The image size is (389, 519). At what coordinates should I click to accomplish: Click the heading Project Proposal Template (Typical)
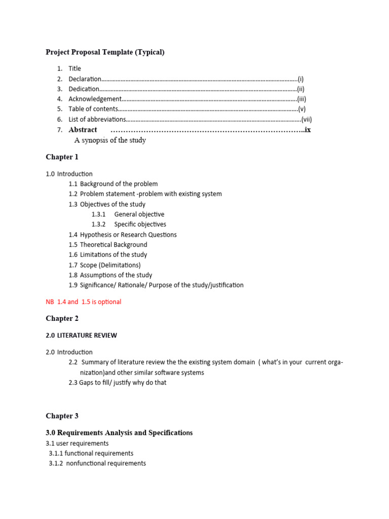(x=105, y=52)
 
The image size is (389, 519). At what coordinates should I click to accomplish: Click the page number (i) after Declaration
(x=300, y=79)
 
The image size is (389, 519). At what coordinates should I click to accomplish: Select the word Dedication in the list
(x=84, y=89)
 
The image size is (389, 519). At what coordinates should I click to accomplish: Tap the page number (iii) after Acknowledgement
(x=301, y=99)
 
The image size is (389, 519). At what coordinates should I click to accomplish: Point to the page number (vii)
(x=306, y=119)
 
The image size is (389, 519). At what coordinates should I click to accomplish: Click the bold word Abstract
(x=83, y=130)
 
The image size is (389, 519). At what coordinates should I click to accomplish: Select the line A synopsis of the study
(x=110, y=140)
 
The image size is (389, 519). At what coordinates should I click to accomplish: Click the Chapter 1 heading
(x=62, y=157)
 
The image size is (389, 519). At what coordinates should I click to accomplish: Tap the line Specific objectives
(x=140, y=224)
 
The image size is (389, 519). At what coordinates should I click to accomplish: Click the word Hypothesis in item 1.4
(x=97, y=235)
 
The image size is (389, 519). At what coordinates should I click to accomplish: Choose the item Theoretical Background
(x=113, y=244)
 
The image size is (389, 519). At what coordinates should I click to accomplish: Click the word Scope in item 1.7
(x=89, y=265)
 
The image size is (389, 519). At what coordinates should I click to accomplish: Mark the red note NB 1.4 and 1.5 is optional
(x=84, y=302)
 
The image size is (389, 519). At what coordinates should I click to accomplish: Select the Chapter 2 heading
(x=62, y=318)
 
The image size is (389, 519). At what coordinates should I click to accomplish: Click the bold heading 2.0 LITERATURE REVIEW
(x=81, y=335)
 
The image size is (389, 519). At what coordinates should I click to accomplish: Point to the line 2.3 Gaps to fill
(x=117, y=382)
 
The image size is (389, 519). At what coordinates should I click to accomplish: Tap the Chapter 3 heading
(x=62, y=416)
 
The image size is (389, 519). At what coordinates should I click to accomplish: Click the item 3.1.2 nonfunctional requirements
(x=97, y=463)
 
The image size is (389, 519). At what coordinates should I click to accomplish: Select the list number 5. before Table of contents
(x=59, y=109)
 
